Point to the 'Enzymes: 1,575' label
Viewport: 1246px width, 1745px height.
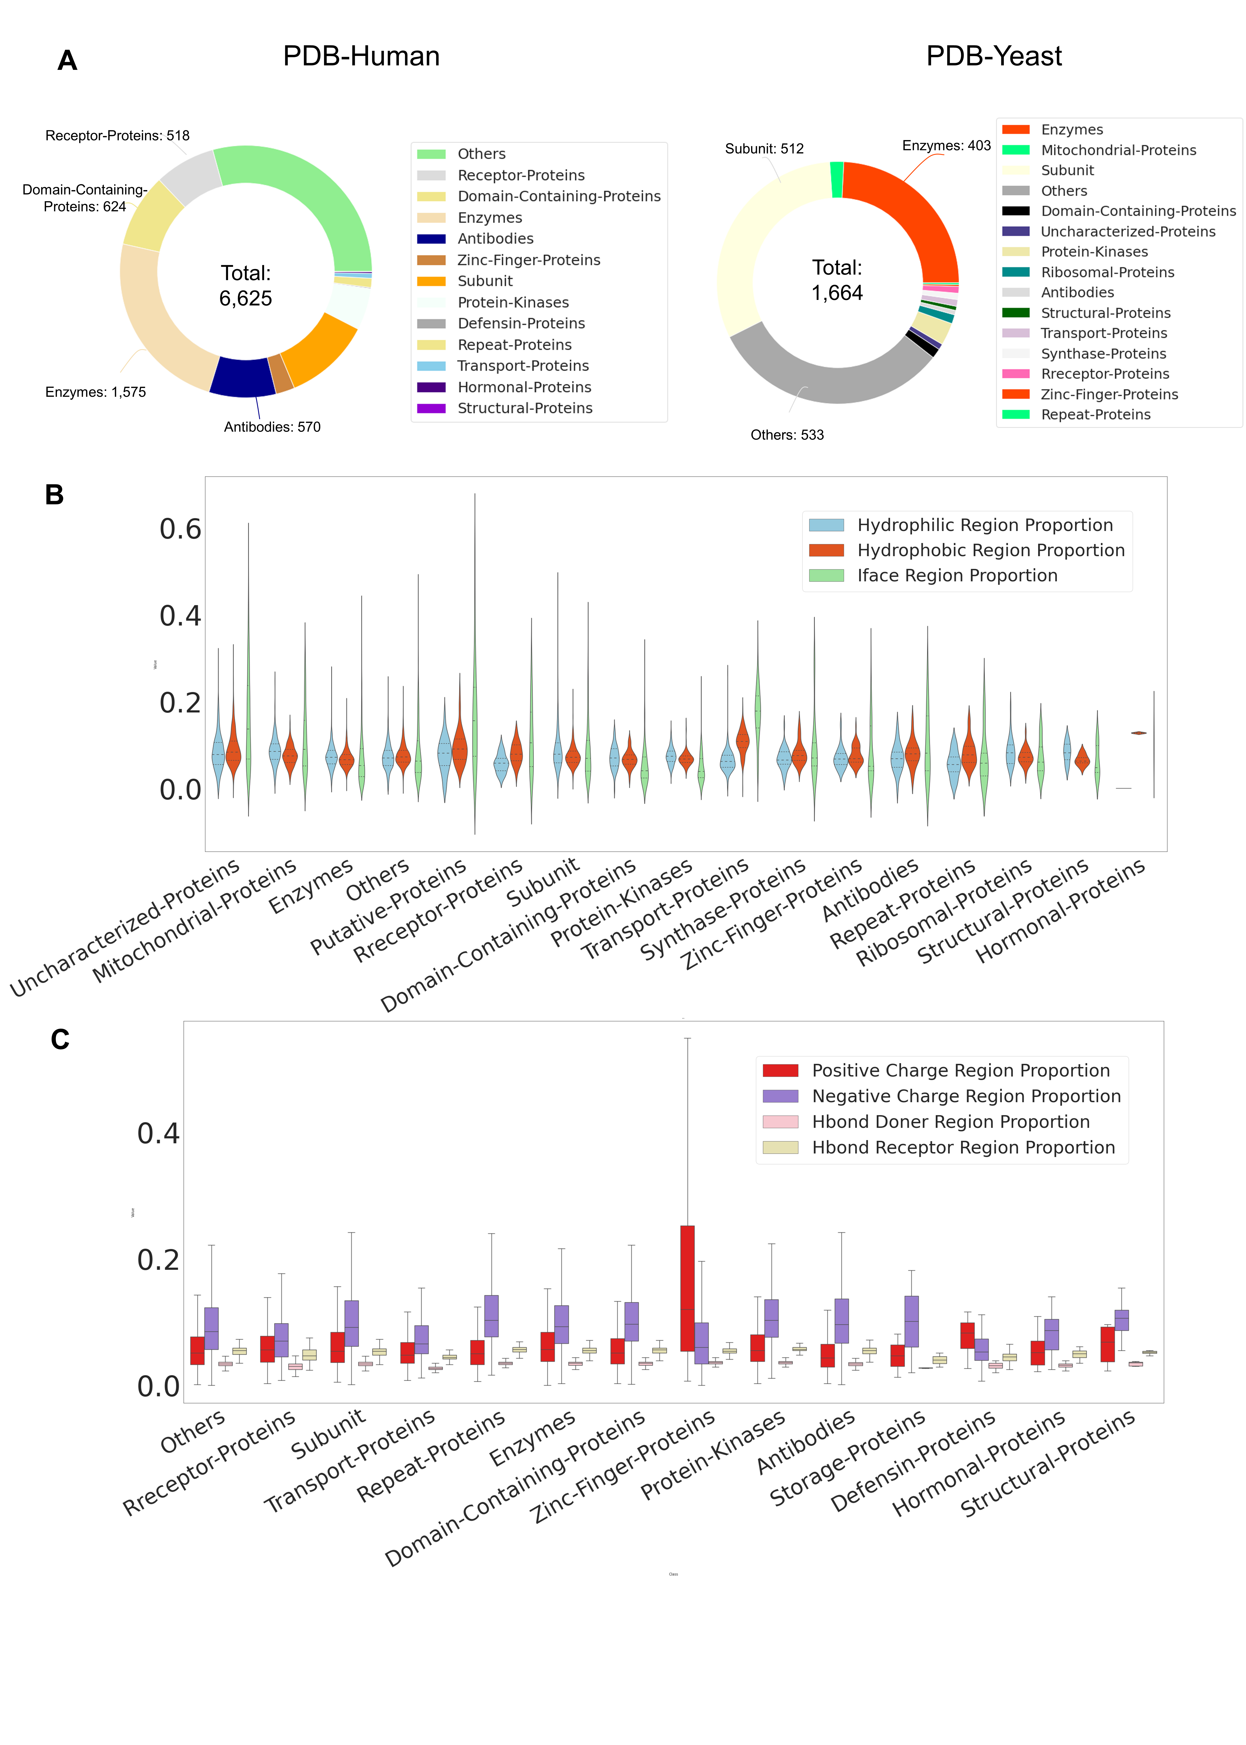[x=95, y=392]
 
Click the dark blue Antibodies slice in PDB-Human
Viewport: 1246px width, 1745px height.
[x=242, y=378]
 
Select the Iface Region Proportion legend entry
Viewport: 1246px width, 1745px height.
[x=957, y=576]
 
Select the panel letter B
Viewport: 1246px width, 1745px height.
[x=54, y=495]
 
